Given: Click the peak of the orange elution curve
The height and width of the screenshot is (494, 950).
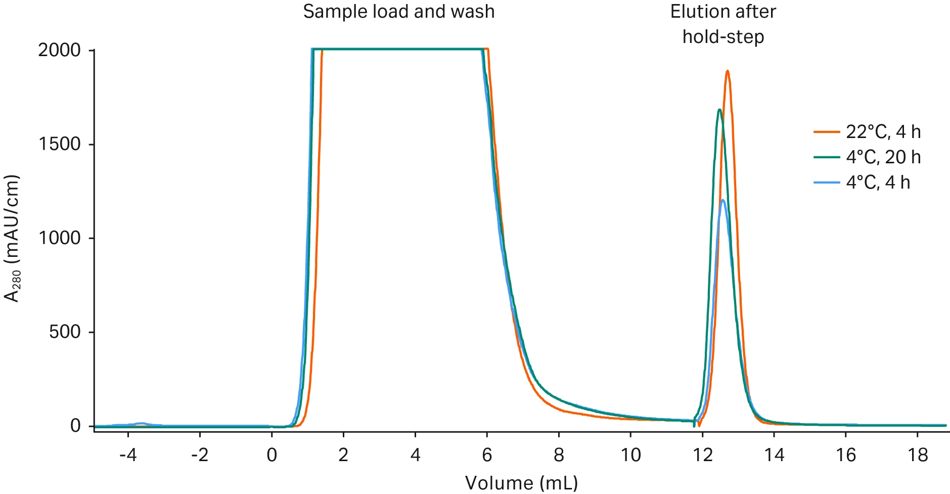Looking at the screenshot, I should tap(727, 71).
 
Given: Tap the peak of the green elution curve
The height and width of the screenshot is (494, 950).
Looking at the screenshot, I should tap(719, 110).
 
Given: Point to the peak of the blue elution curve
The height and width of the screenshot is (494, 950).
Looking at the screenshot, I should tap(723, 201).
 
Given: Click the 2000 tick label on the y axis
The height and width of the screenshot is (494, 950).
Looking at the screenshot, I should tap(59, 51).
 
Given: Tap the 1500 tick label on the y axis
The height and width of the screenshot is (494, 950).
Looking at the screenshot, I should tap(59, 144).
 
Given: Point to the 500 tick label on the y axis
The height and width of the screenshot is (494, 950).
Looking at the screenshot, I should tap(64, 332).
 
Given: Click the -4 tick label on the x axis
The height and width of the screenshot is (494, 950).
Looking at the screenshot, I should tap(127, 456).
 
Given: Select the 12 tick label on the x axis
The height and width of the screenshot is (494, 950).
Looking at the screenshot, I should tap(702, 456).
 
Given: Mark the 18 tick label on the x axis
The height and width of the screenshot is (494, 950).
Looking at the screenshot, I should tap(918, 456).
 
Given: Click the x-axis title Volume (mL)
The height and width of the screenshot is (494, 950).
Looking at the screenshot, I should tap(521, 483).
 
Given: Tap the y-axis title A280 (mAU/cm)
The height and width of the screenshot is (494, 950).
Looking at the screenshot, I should tap(12, 238).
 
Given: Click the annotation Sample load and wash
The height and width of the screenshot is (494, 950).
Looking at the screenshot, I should tap(398, 12).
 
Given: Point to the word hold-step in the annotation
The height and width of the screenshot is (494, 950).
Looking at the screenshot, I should tap(723, 37).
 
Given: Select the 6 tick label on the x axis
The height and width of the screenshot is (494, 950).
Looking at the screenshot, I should tap(487, 456).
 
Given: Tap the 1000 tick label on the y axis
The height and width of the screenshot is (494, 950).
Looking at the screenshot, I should tap(59, 238).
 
